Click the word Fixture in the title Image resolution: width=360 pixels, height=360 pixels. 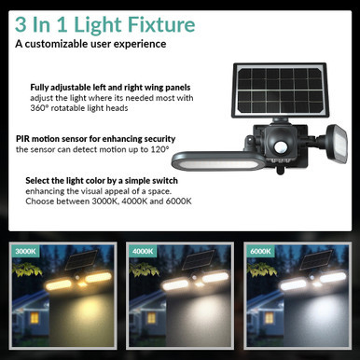pyautogui.click(x=161, y=24)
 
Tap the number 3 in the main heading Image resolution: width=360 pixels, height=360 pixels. pyautogui.click(x=21, y=24)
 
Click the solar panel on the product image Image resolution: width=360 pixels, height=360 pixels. pyautogui.click(x=279, y=90)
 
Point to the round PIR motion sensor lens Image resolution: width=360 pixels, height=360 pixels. pyautogui.click(x=280, y=147)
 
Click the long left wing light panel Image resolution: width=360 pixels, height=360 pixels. pyautogui.click(x=218, y=161)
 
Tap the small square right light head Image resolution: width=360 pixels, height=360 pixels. pyautogui.click(x=337, y=144)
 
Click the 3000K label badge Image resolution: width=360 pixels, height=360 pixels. pyautogui.click(x=25, y=251)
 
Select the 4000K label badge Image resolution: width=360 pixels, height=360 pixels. pyautogui.click(x=143, y=251)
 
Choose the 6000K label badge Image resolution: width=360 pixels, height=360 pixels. pyautogui.click(x=260, y=251)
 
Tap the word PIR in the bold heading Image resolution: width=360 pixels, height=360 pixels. pyautogui.click(x=22, y=139)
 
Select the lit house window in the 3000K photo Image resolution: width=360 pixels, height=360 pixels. pyautogui.click(x=35, y=318)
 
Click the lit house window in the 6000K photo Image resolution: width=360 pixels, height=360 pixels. pyautogui.click(x=269, y=318)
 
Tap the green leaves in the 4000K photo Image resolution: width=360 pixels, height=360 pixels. pyautogui.click(x=145, y=270)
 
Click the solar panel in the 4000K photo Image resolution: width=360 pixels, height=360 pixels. pyautogui.click(x=198, y=260)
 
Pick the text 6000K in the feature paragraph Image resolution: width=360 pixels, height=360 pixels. pyautogui.click(x=178, y=201)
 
